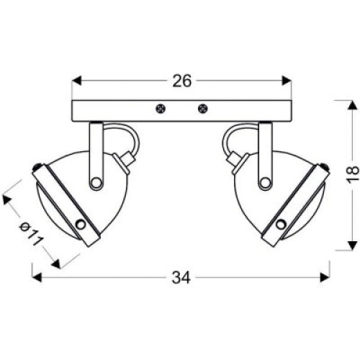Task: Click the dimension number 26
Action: (x=182, y=81)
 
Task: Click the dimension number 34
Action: (x=181, y=278)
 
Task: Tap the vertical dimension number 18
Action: (x=353, y=174)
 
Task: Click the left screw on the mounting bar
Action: (x=160, y=109)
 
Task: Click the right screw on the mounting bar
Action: (x=203, y=109)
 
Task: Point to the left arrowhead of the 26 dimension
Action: (x=77, y=81)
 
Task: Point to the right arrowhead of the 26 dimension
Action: (x=287, y=81)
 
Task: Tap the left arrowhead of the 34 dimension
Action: (x=37, y=277)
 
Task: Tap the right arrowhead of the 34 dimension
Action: (x=325, y=277)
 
